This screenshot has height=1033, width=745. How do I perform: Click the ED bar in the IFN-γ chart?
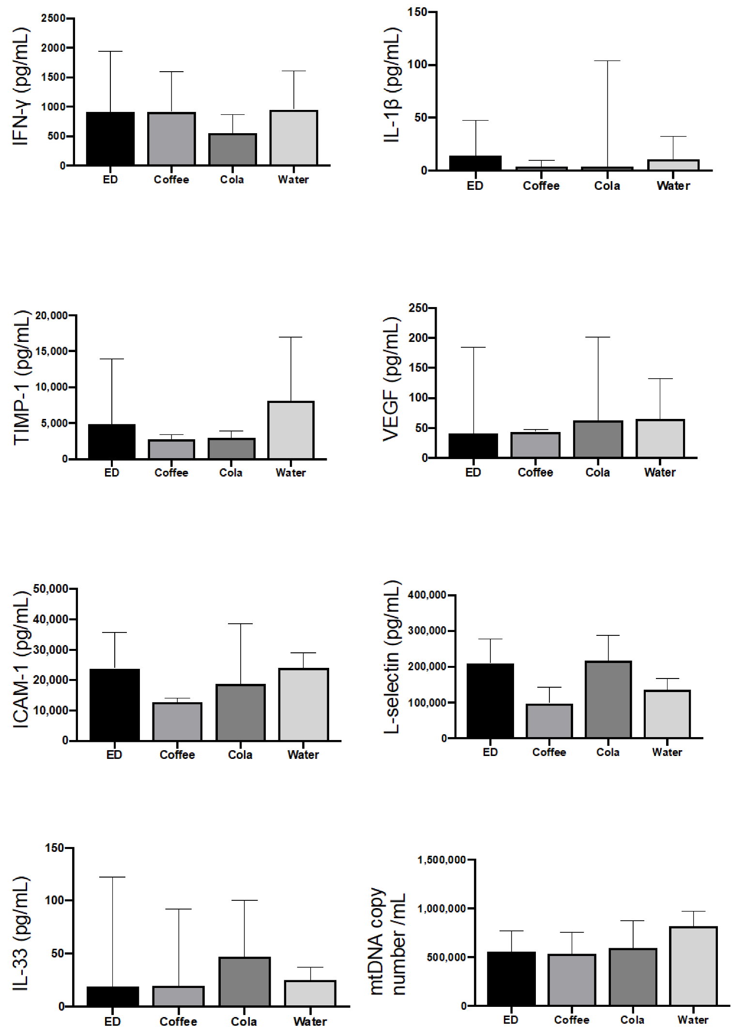coord(110,139)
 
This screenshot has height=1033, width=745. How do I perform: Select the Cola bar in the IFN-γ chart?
coord(232,150)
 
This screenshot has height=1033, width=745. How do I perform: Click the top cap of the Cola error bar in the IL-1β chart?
coord(607,61)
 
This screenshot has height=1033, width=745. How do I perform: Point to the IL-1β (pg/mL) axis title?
coord(393,85)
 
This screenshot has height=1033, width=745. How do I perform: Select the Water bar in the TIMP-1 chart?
coord(291,430)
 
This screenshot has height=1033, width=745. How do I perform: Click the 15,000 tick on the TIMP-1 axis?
coord(52,351)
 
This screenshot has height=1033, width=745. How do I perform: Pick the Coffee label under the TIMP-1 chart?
coord(171,473)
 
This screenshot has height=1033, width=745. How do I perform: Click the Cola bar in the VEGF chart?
coord(598,439)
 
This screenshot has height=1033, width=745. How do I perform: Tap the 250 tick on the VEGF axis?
coord(419,308)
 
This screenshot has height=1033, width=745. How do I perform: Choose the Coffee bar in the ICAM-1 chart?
coord(177,722)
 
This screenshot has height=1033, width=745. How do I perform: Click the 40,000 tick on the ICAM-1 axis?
coord(51,619)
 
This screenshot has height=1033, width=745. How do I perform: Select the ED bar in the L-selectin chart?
coord(490,701)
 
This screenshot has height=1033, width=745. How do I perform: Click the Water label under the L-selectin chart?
coord(667,752)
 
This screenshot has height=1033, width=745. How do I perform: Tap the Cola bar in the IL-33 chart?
coord(244,982)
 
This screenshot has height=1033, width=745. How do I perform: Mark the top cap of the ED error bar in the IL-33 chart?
coord(112,877)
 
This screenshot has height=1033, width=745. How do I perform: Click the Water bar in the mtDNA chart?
coord(693,966)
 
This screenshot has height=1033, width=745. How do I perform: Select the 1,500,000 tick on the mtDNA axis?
coord(442,860)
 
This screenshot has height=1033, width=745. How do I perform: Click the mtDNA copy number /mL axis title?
coord(387,941)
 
